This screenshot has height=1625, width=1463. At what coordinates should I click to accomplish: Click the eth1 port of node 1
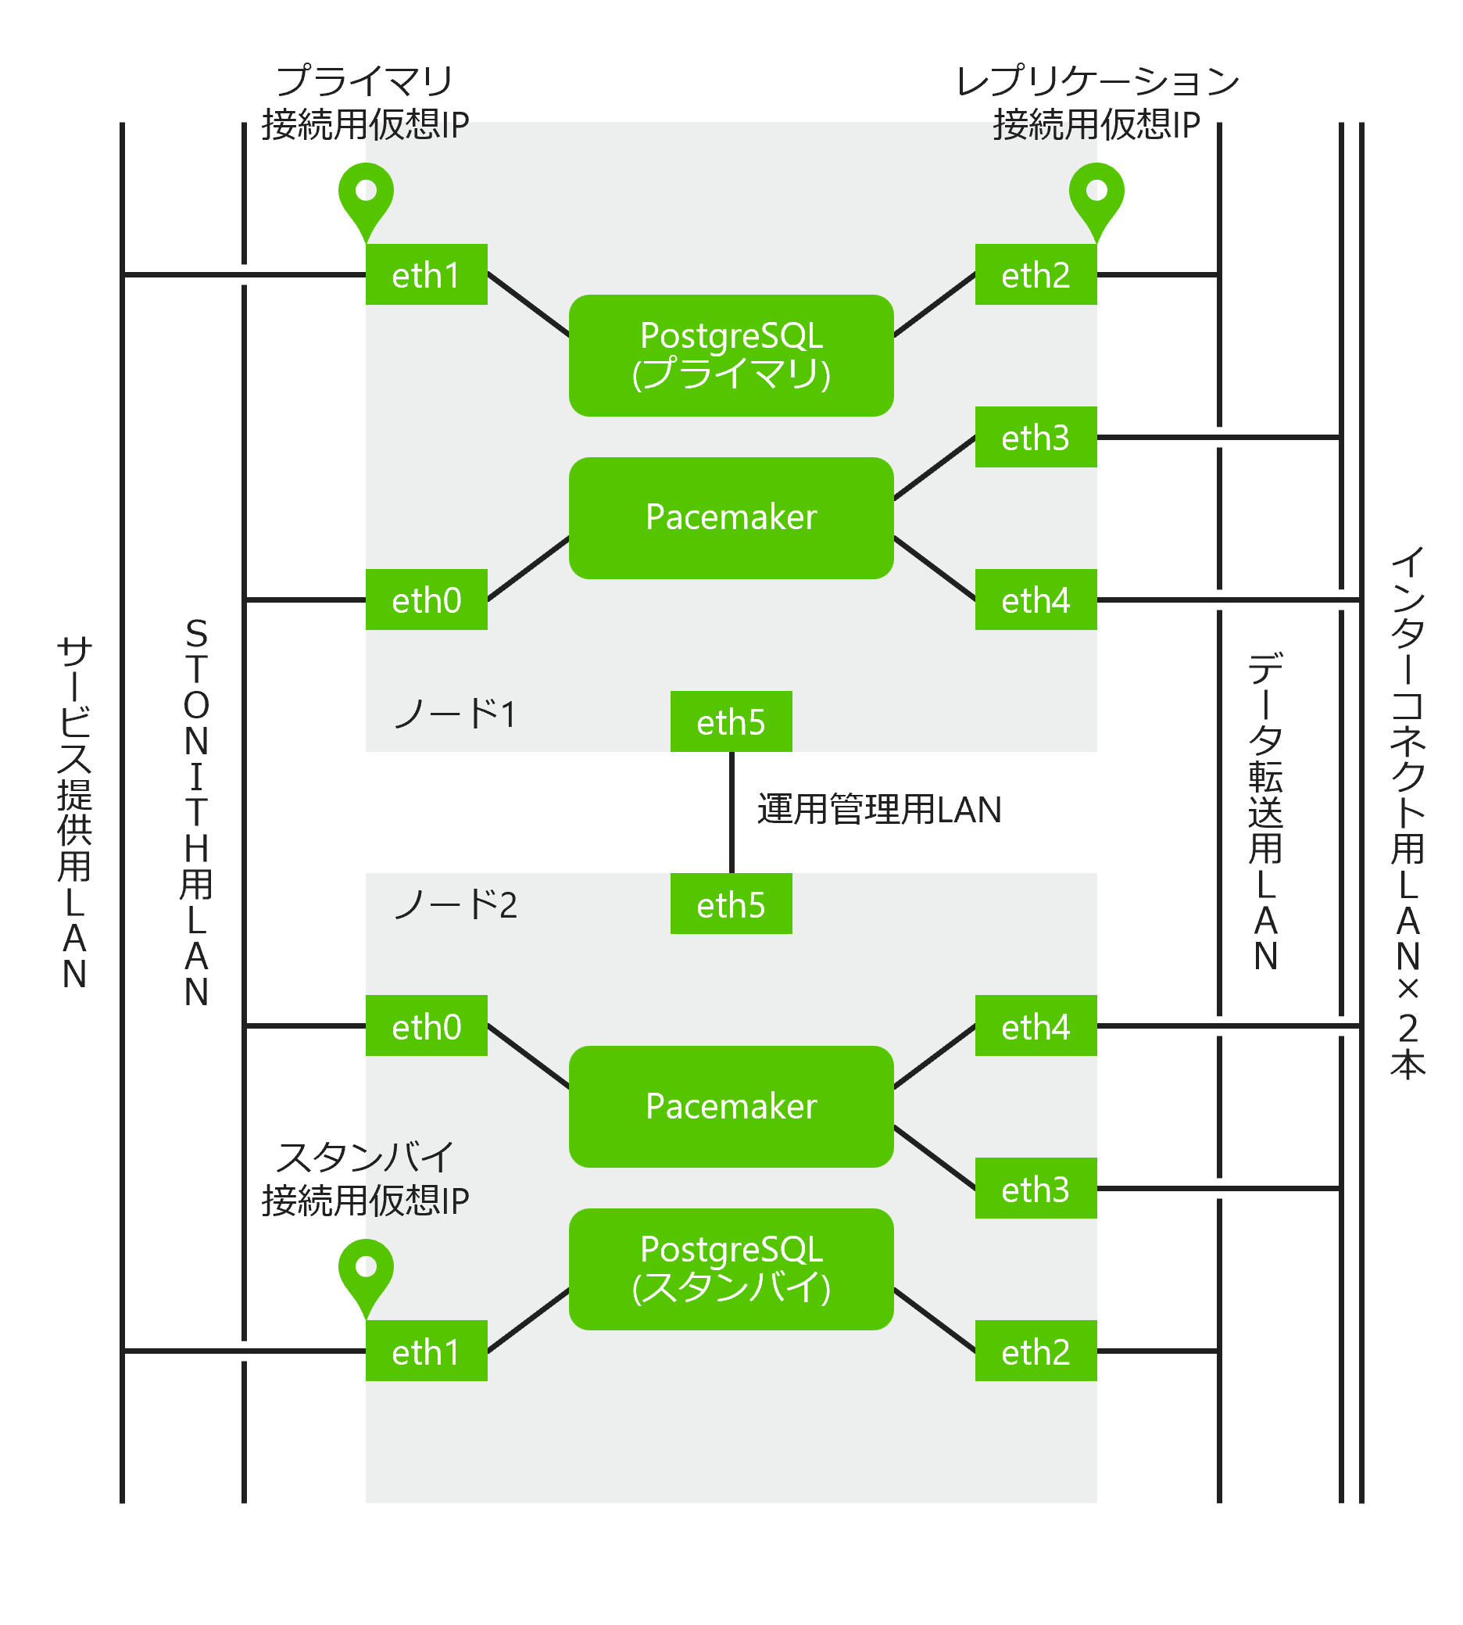(x=426, y=275)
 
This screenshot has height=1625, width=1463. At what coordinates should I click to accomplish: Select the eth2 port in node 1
(x=1036, y=275)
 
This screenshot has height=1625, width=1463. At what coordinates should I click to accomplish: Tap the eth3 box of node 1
(x=1036, y=438)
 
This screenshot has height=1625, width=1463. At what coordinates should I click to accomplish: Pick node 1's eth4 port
(x=1036, y=600)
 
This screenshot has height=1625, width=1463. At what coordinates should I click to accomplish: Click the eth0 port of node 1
(x=426, y=600)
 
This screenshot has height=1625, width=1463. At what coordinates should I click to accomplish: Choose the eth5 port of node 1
(x=731, y=721)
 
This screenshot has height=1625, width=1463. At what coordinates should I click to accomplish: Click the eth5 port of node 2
(x=731, y=904)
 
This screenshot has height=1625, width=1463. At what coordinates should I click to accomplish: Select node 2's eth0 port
(x=426, y=1026)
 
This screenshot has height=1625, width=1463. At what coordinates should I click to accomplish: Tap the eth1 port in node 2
(x=426, y=1351)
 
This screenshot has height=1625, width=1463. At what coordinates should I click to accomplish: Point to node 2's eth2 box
(x=1036, y=1351)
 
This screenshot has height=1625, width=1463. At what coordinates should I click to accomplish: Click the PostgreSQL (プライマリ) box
(x=731, y=356)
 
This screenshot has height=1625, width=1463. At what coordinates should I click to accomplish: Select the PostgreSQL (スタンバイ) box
(x=731, y=1269)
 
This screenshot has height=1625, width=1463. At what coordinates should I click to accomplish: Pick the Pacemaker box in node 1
(x=731, y=517)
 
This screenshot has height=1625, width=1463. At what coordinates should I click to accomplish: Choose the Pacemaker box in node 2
(x=731, y=1106)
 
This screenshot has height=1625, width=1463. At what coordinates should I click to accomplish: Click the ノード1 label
(x=455, y=714)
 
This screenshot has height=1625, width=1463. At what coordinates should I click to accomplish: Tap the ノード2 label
(x=455, y=904)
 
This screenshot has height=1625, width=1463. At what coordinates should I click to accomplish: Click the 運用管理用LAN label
(x=878, y=810)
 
